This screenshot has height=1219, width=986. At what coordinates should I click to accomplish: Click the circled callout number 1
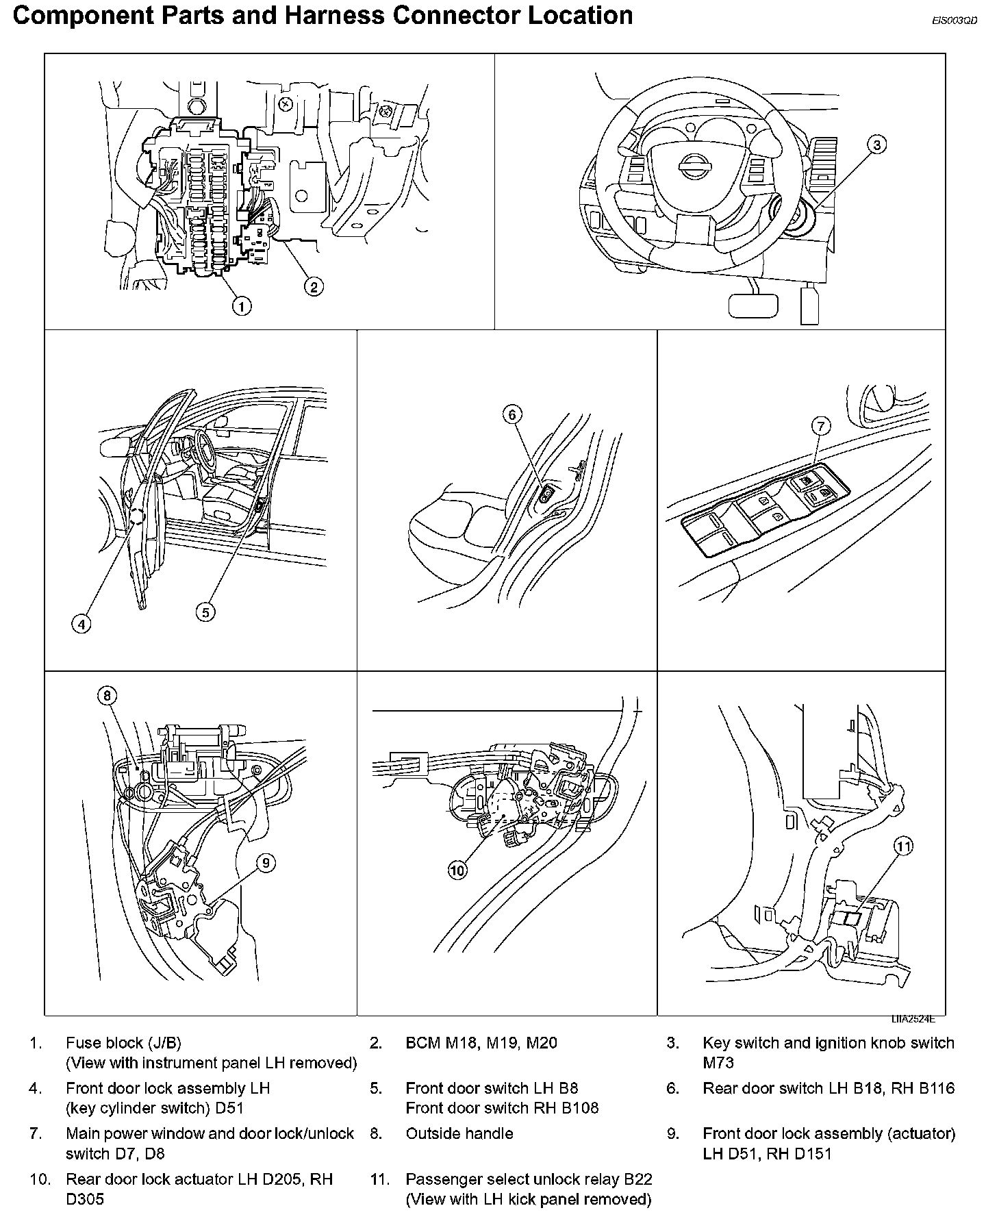point(241,305)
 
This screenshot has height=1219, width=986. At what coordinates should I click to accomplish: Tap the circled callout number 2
point(313,286)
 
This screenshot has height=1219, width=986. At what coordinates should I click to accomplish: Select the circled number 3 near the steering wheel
point(876,144)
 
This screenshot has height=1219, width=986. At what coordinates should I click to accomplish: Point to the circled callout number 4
point(81,623)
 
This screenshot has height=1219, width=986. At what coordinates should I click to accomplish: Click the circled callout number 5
point(205,612)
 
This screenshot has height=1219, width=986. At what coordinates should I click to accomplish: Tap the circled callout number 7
point(820,426)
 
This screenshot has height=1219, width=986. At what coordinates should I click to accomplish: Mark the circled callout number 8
point(107,696)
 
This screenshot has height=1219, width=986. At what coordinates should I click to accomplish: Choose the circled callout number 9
point(266,863)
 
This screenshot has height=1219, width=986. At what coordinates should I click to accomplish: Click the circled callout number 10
point(457,870)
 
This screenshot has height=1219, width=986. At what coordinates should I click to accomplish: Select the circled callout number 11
point(905,846)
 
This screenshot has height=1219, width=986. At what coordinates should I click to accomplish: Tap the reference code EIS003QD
point(954,21)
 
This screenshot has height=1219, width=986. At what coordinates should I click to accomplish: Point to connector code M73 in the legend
point(718,1062)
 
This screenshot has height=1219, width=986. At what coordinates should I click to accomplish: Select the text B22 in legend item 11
point(637,1179)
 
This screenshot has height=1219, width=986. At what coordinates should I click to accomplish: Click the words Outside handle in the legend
point(459,1133)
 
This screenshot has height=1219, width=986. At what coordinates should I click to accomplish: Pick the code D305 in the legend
point(85,1199)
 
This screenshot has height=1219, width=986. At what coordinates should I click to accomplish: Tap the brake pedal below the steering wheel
point(753,305)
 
